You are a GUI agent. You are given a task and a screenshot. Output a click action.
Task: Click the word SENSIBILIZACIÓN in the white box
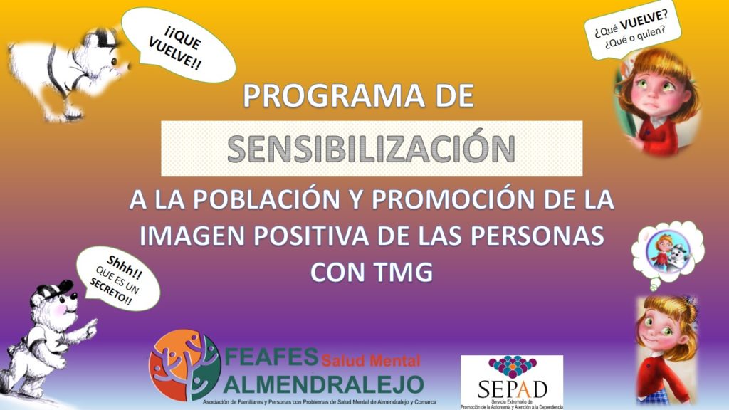(371, 149)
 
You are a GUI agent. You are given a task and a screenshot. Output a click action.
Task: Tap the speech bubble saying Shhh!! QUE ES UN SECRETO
(118, 278)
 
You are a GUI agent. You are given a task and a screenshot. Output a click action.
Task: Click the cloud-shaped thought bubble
(667, 252)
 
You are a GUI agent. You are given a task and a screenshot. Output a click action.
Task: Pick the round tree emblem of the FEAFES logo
(184, 365)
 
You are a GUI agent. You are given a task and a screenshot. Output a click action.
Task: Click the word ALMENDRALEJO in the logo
(324, 384)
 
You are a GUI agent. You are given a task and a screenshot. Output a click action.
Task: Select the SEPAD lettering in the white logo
(513, 389)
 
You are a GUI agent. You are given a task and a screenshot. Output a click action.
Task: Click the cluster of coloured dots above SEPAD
(512, 367)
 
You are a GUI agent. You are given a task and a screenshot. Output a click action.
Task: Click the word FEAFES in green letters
(271, 357)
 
